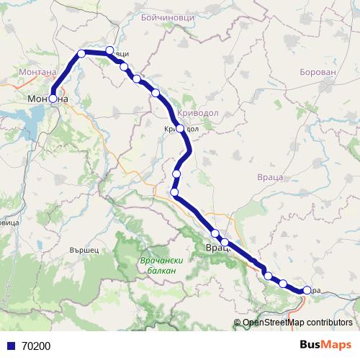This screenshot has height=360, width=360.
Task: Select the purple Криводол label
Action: [x=197, y=113]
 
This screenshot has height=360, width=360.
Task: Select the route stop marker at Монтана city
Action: [x=53, y=99]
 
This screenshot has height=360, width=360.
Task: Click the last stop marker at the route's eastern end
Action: [x=307, y=290]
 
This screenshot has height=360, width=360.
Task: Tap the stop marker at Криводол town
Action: [x=180, y=129]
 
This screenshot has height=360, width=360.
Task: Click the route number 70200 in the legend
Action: [x=36, y=346]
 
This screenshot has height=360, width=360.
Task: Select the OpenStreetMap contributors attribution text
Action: [x=297, y=323]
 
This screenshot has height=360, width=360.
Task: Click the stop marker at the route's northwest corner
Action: [x=81, y=53]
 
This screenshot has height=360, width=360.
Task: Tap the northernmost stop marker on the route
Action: [x=109, y=50]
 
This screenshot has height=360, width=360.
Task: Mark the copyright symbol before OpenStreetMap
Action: [x=238, y=323]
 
